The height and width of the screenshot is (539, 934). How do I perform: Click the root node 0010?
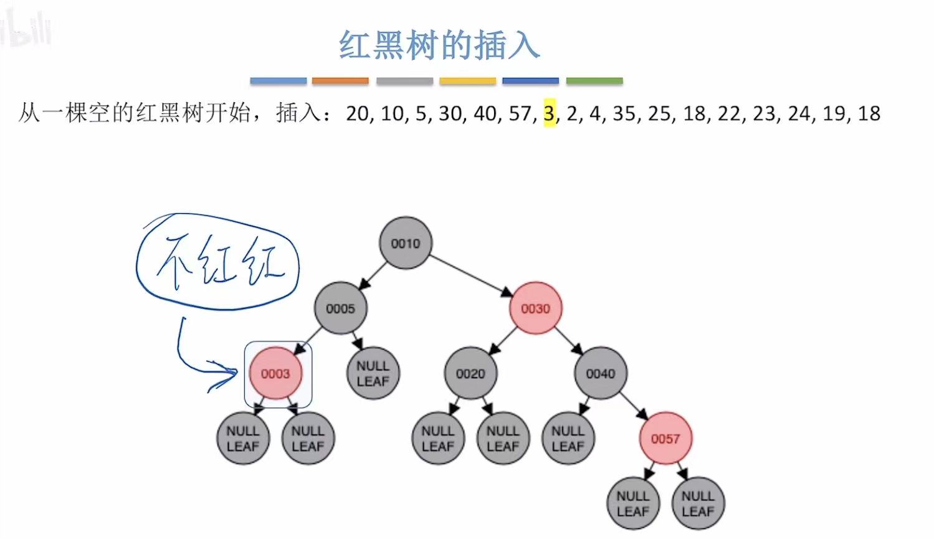coord(406,243)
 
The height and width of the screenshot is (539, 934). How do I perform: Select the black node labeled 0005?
coord(340,308)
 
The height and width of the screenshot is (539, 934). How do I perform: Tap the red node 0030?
coord(535,308)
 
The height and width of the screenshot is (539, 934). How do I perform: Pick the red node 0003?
coord(275,373)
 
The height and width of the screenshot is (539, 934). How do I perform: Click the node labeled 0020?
coord(470,373)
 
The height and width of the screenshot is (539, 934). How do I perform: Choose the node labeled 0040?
coord(600,373)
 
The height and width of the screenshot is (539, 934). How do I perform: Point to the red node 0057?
coord(665,438)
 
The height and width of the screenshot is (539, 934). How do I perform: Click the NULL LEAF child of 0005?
coord(373,373)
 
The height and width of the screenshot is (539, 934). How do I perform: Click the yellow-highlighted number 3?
coord(549,113)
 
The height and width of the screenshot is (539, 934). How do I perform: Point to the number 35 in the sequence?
coord(624,113)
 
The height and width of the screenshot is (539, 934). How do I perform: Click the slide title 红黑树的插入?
coord(439,45)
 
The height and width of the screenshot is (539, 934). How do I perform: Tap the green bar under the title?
coord(594,81)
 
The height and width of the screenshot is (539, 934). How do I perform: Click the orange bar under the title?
coord(340,81)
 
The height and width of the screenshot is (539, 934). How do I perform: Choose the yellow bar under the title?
coord(467,81)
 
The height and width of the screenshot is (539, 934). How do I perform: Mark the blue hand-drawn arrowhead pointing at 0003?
coord(227,374)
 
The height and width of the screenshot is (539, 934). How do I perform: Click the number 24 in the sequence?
coord(799,113)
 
